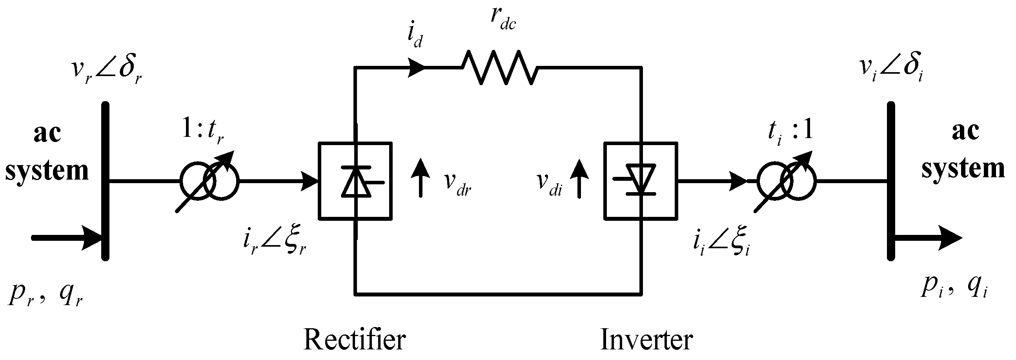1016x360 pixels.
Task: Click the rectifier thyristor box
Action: click(355, 180)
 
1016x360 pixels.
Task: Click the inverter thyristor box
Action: click(641, 180)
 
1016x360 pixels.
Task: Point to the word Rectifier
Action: click(355, 340)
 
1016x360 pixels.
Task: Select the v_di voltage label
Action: click(549, 184)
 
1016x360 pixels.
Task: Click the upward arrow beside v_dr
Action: click(421, 177)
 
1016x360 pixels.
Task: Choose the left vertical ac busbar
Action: click(105, 182)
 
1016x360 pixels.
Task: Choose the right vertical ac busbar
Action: click(891, 182)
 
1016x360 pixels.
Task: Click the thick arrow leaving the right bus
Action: click(927, 238)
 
